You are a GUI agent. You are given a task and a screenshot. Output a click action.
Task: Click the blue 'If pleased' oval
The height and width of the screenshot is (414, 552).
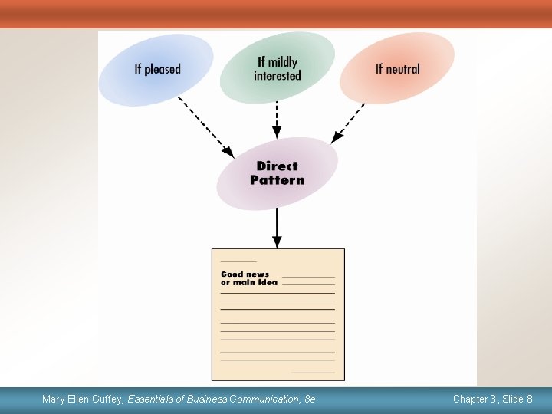(157, 69)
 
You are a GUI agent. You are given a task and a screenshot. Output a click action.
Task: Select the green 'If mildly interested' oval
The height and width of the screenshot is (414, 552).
(277, 68)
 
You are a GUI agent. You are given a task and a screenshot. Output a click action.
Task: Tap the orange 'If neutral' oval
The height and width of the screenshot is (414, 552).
(397, 69)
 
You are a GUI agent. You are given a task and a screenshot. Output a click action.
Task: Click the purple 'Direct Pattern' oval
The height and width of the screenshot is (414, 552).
(277, 173)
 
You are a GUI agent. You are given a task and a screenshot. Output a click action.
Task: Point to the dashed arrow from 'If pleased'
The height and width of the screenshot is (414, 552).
(205, 127)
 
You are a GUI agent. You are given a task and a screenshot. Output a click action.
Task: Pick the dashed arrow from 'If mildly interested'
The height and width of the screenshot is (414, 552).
(277, 121)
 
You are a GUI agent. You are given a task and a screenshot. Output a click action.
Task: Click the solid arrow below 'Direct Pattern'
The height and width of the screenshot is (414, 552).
(277, 228)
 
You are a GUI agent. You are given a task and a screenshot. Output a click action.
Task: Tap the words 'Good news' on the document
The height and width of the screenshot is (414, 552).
(245, 274)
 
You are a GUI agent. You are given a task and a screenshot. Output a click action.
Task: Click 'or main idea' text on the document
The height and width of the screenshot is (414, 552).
(249, 282)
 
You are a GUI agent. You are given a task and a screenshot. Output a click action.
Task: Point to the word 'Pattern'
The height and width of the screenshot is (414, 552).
(277, 181)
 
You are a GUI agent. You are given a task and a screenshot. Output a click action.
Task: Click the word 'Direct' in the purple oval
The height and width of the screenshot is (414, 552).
(277, 166)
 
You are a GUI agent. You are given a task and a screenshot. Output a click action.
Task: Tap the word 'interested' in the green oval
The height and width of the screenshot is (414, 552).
(278, 75)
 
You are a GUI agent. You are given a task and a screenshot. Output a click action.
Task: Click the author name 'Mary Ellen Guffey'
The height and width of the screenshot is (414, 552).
(83, 399)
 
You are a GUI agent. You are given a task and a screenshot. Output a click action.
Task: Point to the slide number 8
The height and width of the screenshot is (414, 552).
(530, 399)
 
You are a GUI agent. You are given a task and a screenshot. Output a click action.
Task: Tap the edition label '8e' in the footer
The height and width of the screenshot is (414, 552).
(310, 399)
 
